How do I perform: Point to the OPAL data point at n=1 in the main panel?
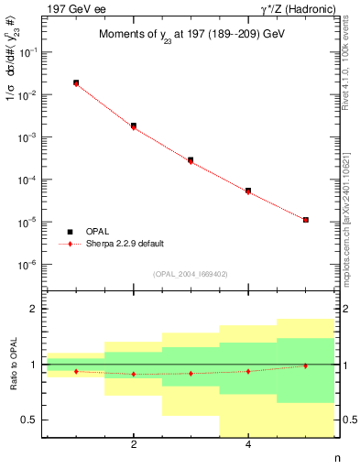(x=76, y=82)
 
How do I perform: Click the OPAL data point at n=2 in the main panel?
(x=134, y=125)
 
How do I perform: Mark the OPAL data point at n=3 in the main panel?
(x=191, y=159)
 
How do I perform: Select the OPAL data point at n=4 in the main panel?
(x=248, y=191)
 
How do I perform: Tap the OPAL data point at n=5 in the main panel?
(x=305, y=220)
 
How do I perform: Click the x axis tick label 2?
(x=134, y=445)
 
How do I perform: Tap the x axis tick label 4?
(x=248, y=445)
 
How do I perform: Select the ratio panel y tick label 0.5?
(x=34, y=420)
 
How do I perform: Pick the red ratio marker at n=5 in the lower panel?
(x=305, y=365)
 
